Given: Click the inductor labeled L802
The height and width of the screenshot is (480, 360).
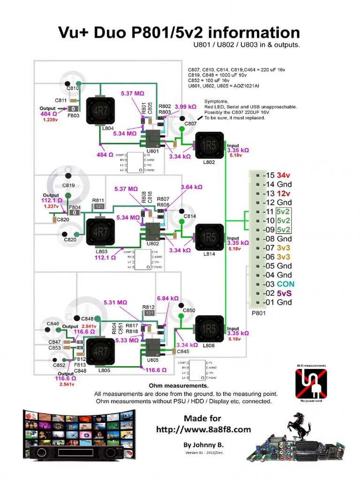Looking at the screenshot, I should pos(209,146).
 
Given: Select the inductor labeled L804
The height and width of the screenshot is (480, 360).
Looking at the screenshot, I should pos(100,111).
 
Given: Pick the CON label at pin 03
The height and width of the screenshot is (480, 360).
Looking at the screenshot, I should pos(285,284).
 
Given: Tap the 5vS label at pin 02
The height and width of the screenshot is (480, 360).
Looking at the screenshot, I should pos(284,293).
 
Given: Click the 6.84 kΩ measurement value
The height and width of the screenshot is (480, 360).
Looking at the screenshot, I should pos(168,298).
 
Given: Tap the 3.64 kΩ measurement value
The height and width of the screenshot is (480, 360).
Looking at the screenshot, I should pos(191,187).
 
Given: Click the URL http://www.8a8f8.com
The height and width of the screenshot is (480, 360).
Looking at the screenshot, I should pos(203,429).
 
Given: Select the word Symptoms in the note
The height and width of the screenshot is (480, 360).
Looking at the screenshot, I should pos(217,102).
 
